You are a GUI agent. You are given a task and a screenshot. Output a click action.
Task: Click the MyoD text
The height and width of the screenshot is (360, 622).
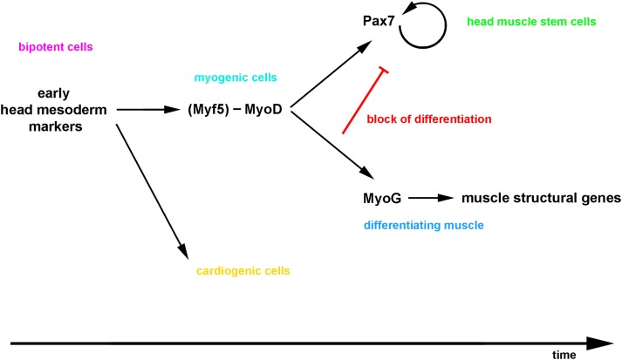tap(263, 109)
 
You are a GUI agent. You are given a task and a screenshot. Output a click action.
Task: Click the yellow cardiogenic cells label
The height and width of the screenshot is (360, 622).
tap(243, 271)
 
